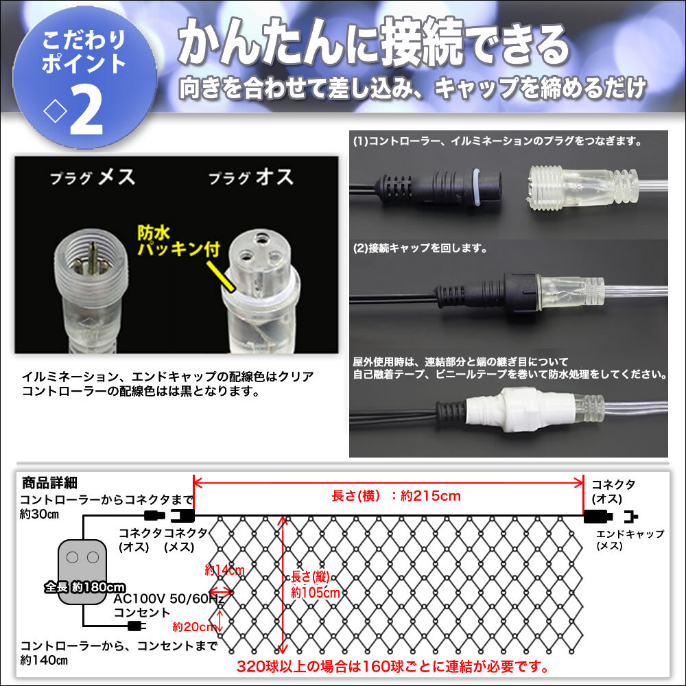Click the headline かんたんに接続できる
coord(374,47)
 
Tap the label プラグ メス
coord(93,178)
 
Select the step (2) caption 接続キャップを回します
coord(421,248)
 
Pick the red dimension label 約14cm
coord(224,569)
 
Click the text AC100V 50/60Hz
coord(169,599)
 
